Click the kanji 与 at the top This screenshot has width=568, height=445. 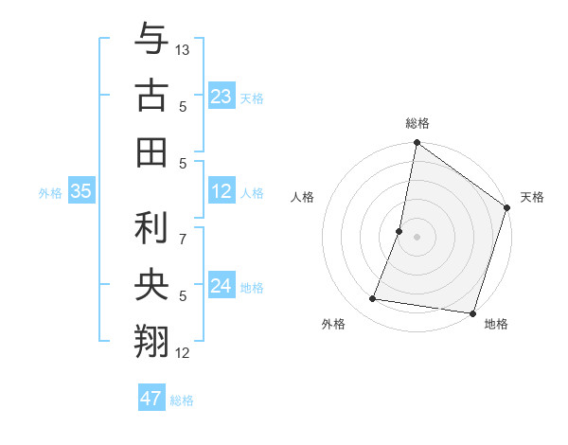[x=151, y=42]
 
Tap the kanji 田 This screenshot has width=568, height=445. [x=151, y=151]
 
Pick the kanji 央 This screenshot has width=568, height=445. [x=151, y=285]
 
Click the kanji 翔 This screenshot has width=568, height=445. [x=151, y=341]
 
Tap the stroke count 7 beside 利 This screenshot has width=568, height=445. [x=184, y=228]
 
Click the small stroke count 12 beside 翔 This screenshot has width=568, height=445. [x=184, y=353]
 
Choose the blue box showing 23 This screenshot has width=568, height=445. [x=222, y=96]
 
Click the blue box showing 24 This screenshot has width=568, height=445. [x=222, y=287]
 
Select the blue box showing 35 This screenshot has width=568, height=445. [x=81, y=191]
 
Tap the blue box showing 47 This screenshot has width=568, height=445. [x=151, y=399]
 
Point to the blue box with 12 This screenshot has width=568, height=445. [x=222, y=191]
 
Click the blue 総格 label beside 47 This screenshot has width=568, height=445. [x=182, y=400]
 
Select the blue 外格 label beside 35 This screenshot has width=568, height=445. [x=50, y=193]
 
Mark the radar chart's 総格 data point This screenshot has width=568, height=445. [x=417, y=144]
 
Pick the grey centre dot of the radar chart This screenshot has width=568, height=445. [x=417, y=237]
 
